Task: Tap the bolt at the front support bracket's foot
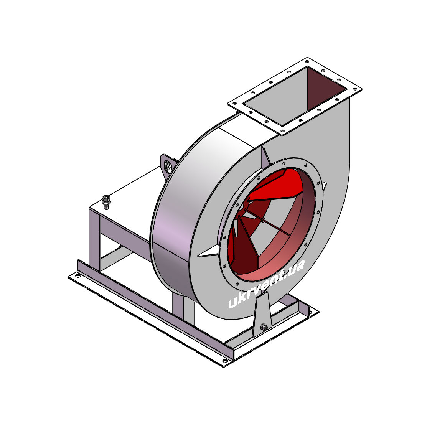click(264, 327)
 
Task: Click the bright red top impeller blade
click(275, 186)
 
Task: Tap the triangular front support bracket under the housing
click(262, 315)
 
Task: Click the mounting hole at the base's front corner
click(225, 361)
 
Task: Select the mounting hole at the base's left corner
click(78, 276)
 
